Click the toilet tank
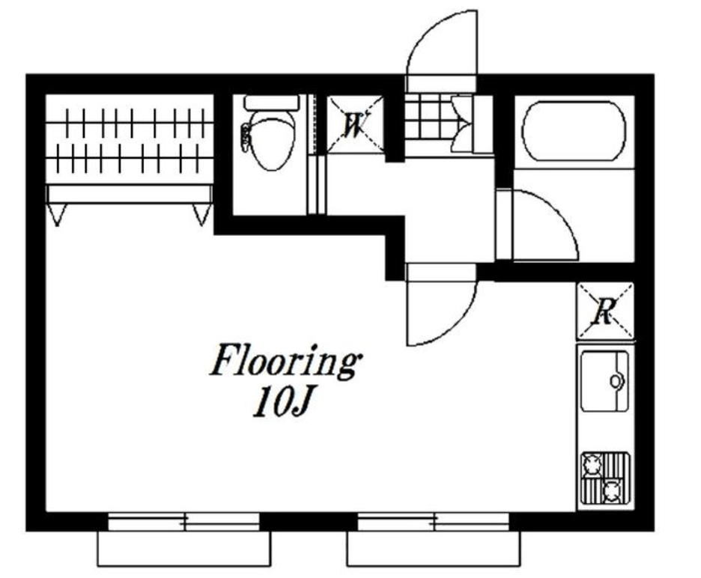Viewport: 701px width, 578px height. [271, 103]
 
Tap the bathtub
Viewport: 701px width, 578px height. [574, 131]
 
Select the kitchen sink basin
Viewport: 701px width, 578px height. [604, 381]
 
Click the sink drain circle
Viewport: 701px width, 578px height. [616, 381]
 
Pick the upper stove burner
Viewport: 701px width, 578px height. [592, 465]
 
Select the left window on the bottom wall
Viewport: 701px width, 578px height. [183, 522]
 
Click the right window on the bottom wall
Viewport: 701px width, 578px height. [434, 522]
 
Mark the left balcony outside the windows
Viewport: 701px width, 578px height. [183, 549]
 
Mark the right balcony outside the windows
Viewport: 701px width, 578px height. [434, 549]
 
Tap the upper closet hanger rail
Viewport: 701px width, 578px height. [130, 122]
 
